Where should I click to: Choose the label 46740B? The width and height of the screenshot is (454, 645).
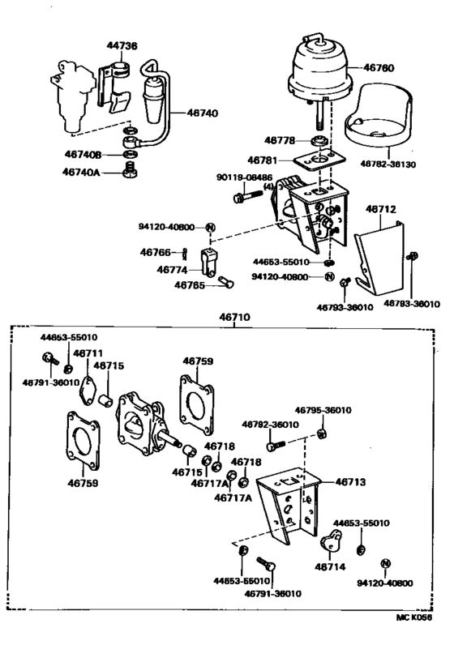[84, 152]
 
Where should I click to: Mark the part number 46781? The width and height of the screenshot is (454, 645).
[264, 160]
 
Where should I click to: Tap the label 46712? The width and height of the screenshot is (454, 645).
[380, 210]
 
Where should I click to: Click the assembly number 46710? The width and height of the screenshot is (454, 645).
[236, 318]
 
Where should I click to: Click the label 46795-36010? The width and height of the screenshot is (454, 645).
[322, 410]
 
